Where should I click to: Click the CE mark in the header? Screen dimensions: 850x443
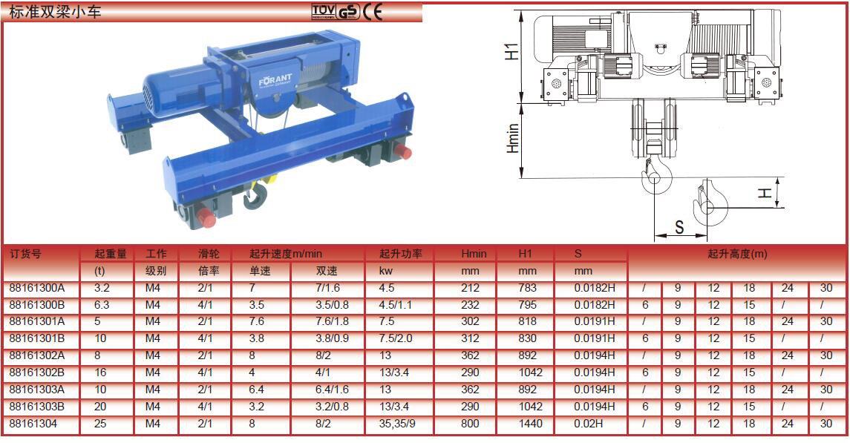(x=373, y=11)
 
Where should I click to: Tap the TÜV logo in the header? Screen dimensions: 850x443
(x=323, y=12)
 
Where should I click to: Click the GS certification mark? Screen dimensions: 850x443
(x=348, y=12)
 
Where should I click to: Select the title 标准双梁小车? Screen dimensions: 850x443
(x=55, y=11)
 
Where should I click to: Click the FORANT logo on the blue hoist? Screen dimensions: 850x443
(x=275, y=81)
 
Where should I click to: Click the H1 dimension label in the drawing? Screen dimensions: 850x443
(x=511, y=52)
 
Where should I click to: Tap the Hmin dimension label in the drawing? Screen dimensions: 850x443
(x=512, y=138)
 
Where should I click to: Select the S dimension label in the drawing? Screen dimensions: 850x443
(x=679, y=228)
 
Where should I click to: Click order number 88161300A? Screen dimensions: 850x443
(x=37, y=288)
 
